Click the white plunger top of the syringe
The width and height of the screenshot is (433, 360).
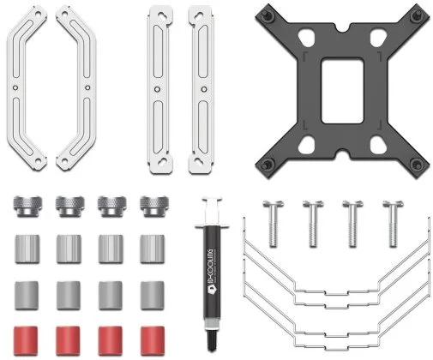pos(212,200)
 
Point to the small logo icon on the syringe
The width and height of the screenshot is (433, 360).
pos(210,289)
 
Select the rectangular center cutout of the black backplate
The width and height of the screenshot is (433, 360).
pos(342,91)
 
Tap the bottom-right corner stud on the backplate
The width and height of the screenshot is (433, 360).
pos(417,165)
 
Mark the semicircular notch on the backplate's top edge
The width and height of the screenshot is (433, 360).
pos(342,28)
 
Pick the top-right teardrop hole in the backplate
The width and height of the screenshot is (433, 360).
pos(378,37)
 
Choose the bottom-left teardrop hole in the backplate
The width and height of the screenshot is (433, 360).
pos(306,144)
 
